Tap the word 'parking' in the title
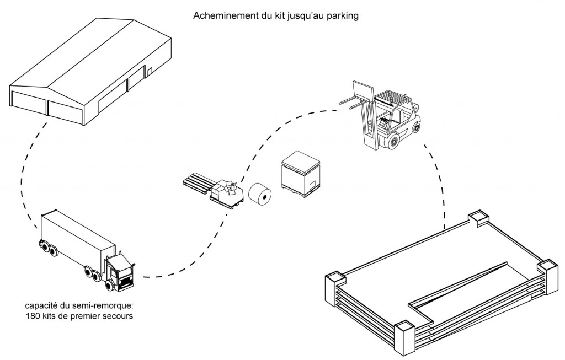point(343,17)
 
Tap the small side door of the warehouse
point(149,72)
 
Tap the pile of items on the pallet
point(226,190)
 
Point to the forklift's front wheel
point(392,141)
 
